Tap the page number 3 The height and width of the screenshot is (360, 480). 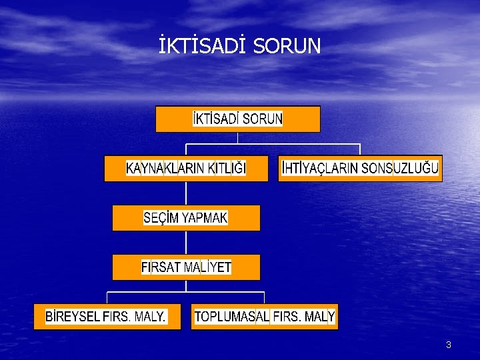(x=448, y=345)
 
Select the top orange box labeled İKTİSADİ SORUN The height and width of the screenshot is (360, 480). (x=237, y=119)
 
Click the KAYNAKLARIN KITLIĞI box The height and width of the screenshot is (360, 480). (x=186, y=169)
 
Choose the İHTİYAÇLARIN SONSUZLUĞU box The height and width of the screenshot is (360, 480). (x=360, y=169)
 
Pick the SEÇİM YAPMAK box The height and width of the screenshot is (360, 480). (x=186, y=218)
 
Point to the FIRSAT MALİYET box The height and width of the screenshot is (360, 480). (x=186, y=267)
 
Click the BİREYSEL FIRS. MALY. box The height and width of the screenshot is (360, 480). (x=107, y=317)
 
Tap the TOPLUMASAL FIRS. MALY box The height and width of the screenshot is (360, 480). (x=265, y=317)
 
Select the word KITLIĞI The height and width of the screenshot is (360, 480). (x=227, y=169)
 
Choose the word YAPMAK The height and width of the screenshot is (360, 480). (x=205, y=218)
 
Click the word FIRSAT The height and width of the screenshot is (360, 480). (x=161, y=267)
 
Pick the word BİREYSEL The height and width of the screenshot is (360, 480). (x=72, y=317)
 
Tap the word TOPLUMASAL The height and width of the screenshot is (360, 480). (x=232, y=317)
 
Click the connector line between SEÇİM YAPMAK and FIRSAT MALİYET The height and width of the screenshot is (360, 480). (x=186, y=243)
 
